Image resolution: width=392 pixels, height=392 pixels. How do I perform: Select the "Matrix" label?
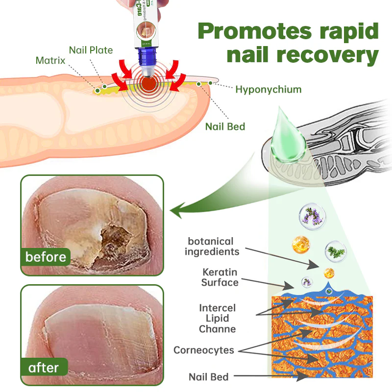pyautogui.click(x=50, y=61)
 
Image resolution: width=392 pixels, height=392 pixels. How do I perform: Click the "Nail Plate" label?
pyautogui.click(x=91, y=50)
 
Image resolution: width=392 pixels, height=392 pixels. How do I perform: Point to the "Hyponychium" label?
pyautogui.click(x=268, y=89)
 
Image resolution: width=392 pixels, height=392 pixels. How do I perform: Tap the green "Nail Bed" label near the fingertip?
pyautogui.click(x=225, y=126)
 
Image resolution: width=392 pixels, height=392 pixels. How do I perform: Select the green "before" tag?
pyautogui.click(x=46, y=256)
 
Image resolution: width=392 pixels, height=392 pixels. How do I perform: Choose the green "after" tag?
pyautogui.click(x=43, y=367)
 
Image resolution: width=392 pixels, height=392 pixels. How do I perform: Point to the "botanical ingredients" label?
pyautogui.click(x=214, y=246)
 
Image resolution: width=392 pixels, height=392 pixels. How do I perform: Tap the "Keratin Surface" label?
pyautogui.click(x=220, y=277)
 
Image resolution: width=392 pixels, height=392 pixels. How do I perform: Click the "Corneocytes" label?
pyautogui.click(x=203, y=350)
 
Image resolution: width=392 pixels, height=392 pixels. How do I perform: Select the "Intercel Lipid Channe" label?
pyautogui.click(x=217, y=318)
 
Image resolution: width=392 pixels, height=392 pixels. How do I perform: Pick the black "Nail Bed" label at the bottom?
pyautogui.click(x=209, y=377)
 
